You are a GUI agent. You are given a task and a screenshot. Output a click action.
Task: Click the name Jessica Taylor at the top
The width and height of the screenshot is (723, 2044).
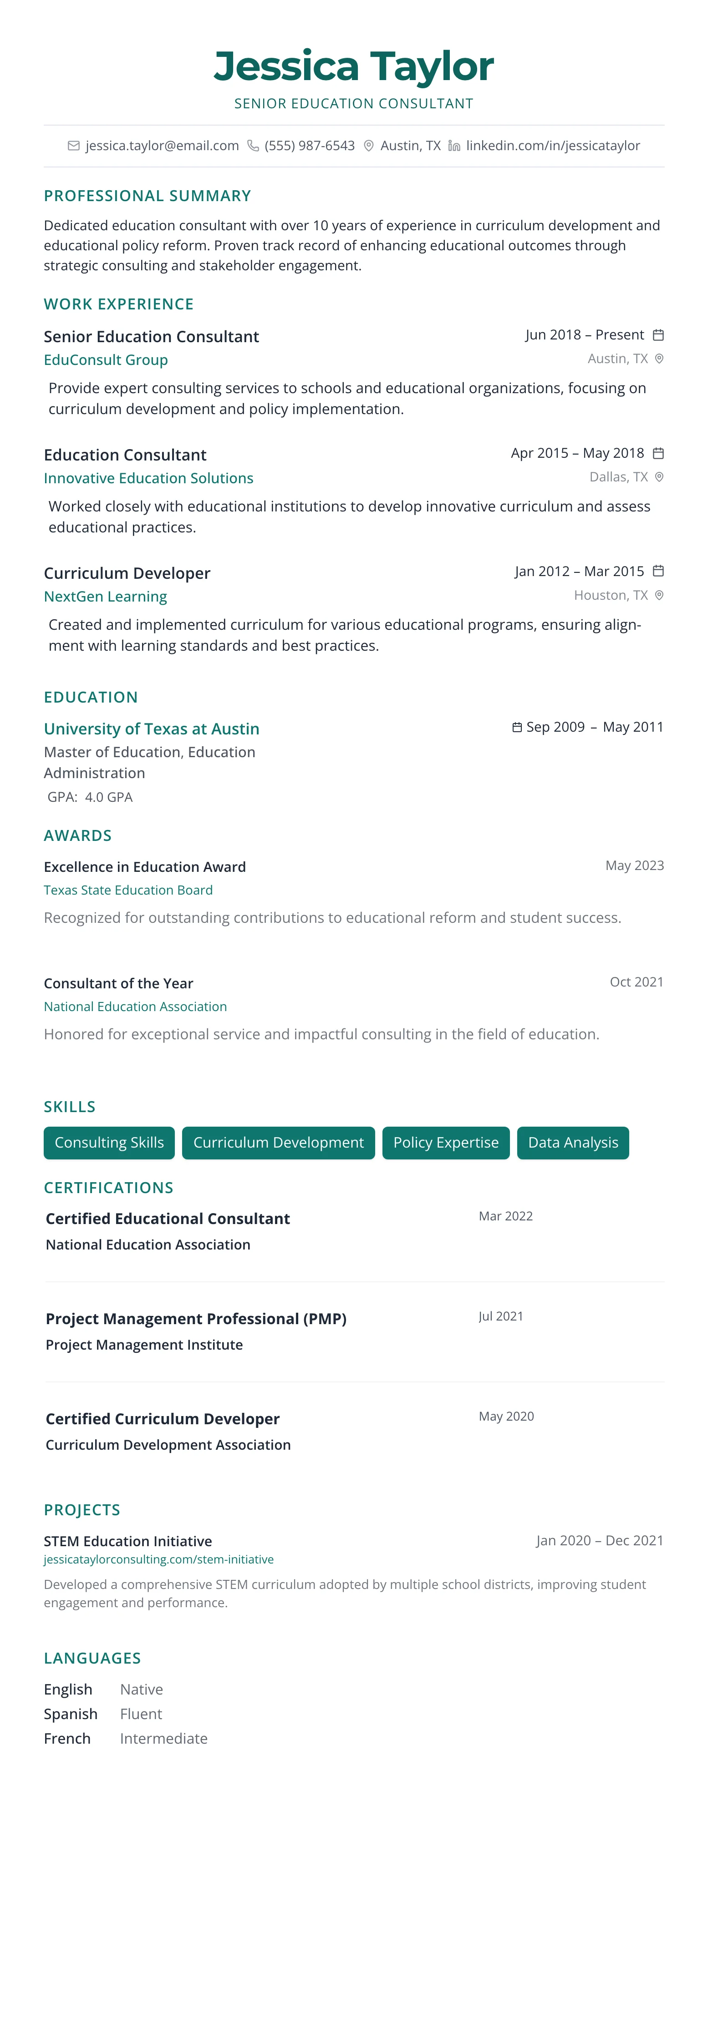[353, 66]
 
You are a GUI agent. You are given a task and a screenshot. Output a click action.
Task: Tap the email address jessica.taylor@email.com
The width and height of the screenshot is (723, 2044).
[162, 146]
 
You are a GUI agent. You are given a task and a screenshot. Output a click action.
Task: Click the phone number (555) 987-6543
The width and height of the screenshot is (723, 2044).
[310, 146]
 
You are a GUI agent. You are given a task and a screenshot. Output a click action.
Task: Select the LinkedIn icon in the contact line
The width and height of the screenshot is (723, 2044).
[454, 146]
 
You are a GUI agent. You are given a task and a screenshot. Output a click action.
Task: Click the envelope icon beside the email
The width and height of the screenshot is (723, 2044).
[74, 146]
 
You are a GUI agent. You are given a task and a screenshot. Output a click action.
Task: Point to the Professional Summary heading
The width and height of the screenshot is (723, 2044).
[148, 196]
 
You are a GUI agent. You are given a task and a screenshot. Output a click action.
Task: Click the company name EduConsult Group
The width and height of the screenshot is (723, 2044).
[106, 360]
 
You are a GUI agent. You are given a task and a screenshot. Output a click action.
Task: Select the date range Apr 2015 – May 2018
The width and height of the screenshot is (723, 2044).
[577, 453]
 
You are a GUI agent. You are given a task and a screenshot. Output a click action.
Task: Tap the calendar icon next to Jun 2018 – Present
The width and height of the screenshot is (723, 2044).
[658, 335]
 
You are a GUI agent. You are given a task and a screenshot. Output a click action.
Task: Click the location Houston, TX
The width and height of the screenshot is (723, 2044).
[610, 595]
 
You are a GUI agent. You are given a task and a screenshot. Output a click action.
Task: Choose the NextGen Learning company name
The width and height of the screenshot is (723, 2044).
[106, 597]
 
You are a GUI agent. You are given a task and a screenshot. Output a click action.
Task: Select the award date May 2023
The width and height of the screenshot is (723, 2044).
[634, 865]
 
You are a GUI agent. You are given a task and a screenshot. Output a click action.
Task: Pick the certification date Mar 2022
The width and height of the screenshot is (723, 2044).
[505, 1216]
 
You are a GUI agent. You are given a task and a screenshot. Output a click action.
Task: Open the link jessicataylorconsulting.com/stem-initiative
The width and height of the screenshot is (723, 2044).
[159, 1559]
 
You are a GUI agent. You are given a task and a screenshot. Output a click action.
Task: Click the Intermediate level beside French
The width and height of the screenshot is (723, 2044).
[163, 1739]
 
